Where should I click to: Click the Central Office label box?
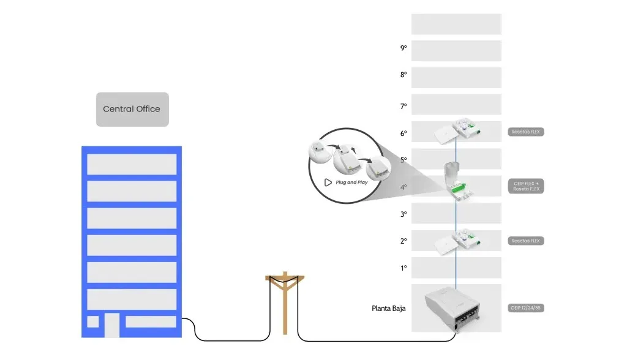132,109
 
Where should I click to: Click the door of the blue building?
111,325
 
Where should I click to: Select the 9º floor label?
403,48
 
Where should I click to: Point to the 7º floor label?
403,106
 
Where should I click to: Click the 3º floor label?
403,214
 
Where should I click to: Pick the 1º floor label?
403,268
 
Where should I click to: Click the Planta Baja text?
388,309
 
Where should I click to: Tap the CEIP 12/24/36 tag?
525,308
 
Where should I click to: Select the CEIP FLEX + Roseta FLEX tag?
525,186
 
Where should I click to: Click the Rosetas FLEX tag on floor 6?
525,132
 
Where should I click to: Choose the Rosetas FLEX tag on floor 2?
525,241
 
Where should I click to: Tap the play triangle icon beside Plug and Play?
328,182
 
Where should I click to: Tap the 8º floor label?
403,75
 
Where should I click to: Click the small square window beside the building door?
93,321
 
